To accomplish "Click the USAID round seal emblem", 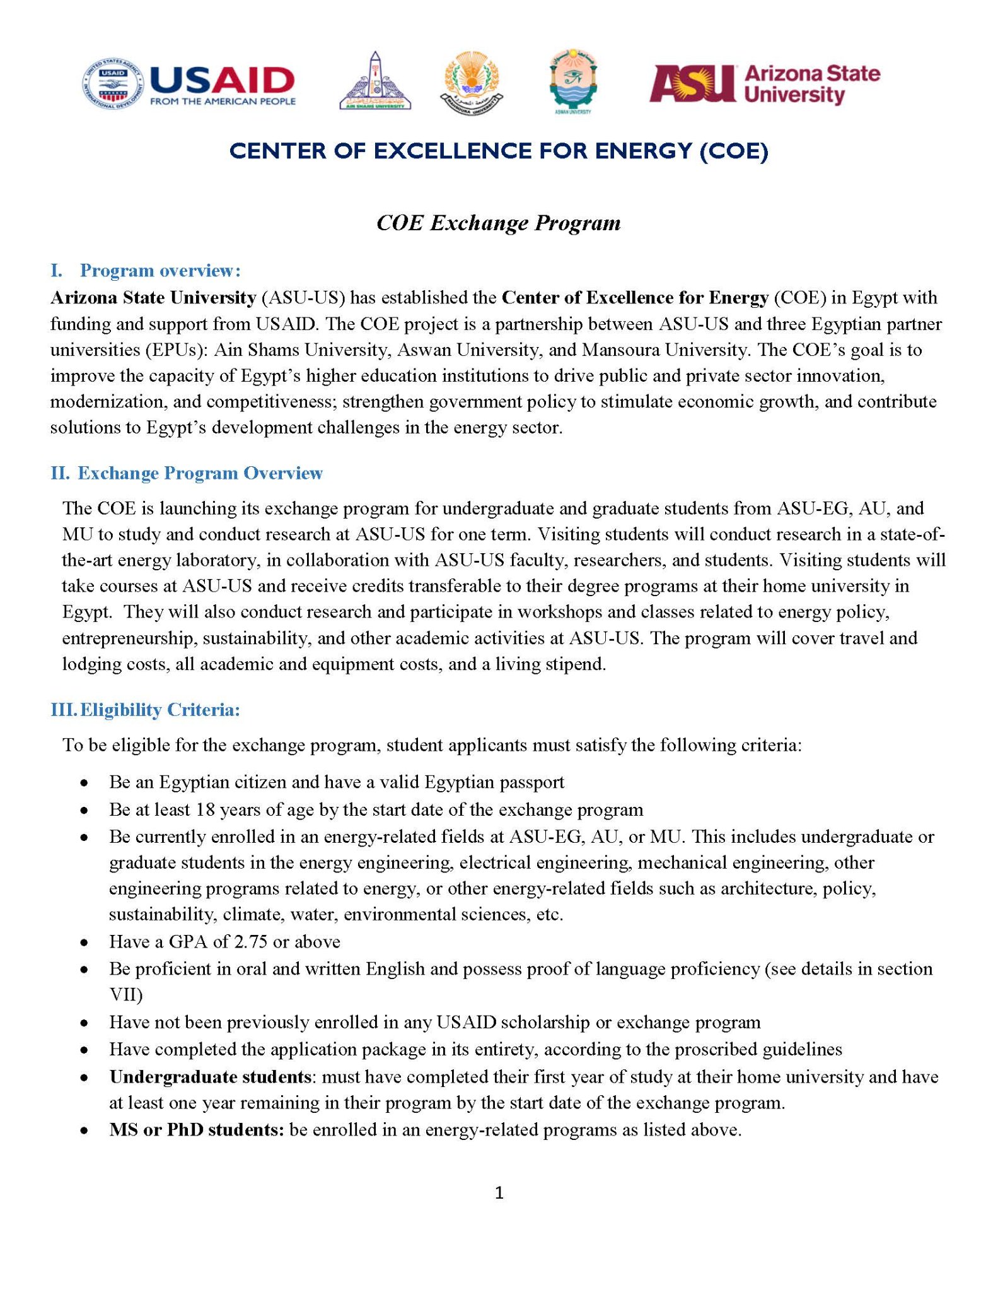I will click(x=113, y=84).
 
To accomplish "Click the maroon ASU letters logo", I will click(x=692, y=83).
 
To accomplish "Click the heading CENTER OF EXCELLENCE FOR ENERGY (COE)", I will click(x=499, y=151).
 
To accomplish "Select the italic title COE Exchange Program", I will click(x=498, y=223).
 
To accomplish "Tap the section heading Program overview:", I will click(x=160, y=271).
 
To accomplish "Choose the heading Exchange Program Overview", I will click(x=200, y=473).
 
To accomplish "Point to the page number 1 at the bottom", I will click(x=499, y=1192).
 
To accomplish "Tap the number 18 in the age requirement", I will click(x=206, y=809).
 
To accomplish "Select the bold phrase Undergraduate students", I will click(x=210, y=1076).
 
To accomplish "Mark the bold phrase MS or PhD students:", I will click(x=197, y=1129).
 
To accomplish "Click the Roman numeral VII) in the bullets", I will click(x=126, y=995).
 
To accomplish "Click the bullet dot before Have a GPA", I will click(x=84, y=943).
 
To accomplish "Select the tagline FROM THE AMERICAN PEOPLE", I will click(x=223, y=102).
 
